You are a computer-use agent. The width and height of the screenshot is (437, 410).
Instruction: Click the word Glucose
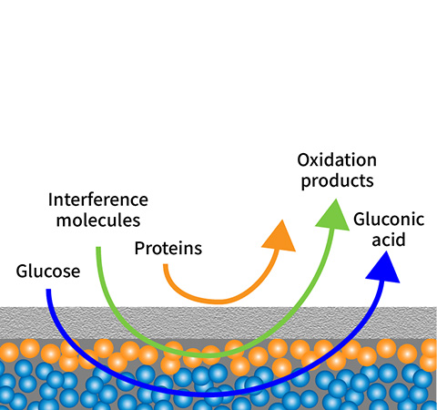tap(48, 272)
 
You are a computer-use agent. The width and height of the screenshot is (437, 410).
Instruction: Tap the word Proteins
tap(168, 248)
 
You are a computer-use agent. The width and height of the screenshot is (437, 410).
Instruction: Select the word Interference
tap(98, 200)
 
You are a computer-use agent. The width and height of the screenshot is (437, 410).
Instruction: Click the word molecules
tap(98, 220)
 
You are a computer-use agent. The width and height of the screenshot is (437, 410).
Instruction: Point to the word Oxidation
tap(337, 160)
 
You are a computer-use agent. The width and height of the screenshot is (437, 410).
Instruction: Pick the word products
tap(337, 181)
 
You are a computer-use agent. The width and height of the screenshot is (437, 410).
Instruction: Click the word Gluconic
tap(389, 220)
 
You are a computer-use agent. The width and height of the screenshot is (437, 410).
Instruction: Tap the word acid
tap(389, 240)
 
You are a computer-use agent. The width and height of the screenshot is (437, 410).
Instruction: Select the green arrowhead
tap(333, 216)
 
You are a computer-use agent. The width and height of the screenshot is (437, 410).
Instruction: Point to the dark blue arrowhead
tap(383, 269)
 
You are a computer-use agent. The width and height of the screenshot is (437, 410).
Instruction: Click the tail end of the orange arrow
tap(166, 265)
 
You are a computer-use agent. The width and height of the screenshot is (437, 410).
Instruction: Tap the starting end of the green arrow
tap(98, 248)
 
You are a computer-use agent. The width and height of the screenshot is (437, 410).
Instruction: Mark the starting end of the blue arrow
tap(48, 290)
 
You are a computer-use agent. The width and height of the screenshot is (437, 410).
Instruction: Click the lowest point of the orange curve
tap(217, 302)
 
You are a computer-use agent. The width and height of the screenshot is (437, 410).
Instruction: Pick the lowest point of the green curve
tap(209, 354)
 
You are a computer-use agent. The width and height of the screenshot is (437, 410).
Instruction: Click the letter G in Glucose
tap(21, 272)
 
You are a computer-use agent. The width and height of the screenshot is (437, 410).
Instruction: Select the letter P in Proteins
tap(139, 248)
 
